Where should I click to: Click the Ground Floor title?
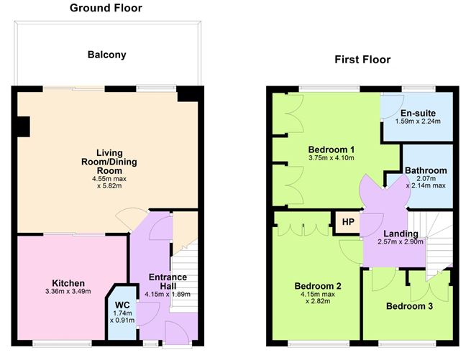(106, 9)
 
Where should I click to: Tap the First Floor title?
(362, 60)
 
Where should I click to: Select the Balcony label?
(106, 55)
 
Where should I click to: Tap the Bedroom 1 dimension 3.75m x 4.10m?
(331, 158)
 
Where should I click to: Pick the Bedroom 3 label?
(408, 306)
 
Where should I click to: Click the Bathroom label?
(426, 170)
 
